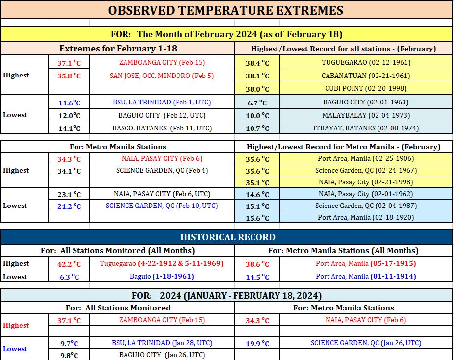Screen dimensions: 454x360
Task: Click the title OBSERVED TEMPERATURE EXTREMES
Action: pyautogui.click(x=226, y=10)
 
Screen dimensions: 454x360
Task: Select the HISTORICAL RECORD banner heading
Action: pyautogui.click(x=228, y=237)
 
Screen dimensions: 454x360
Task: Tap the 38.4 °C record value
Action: pyautogui.click(x=257, y=63)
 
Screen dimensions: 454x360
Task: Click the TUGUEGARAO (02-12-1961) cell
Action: pyautogui.click(x=366, y=63)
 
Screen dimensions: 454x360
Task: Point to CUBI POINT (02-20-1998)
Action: pyautogui.click(x=366, y=88)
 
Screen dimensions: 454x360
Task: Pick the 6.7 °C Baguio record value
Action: pyautogui.click(x=257, y=103)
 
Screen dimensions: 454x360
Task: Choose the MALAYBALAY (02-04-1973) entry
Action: pyautogui.click(x=366, y=115)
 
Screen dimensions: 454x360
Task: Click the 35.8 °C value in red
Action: pyautogui.click(x=69, y=76)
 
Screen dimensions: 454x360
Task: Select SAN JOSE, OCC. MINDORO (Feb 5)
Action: pyautogui.click(x=162, y=76)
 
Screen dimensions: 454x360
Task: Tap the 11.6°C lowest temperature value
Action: pyautogui.click(x=70, y=103)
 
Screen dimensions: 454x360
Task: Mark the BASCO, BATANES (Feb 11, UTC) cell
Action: pyautogui.click(x=162, y=128)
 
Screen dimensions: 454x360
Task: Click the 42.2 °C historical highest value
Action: pyautogui.click(x=69, y=264)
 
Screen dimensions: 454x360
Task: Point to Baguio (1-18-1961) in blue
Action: pyautogui.click(x=162, y=276)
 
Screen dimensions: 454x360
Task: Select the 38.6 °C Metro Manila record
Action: pyautogui.click(x=257, y=264)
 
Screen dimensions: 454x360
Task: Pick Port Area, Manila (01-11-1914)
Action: pyautogui.click(x=366, y=276)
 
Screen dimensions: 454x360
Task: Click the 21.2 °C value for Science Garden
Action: pyautogui.click(x=69, y=206)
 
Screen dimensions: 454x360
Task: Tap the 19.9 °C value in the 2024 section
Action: pyautogui.click(x=257, y=344)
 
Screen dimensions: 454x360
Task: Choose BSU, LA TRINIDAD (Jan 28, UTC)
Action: pyautogui.click(x=162, y=343)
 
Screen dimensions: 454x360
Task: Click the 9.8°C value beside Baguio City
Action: pyautogui.click(x=69, y=356)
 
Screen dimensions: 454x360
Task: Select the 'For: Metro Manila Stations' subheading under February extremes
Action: pyautogui.click(x=118, y=147)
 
